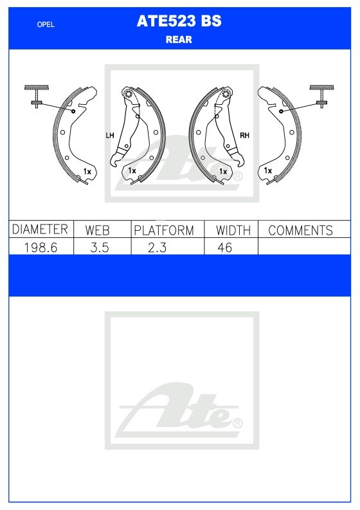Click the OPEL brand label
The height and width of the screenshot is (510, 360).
46,24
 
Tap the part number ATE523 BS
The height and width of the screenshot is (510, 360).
179,21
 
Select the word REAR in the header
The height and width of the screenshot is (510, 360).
179,40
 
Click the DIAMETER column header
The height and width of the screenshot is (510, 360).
40,229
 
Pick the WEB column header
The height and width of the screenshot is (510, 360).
97,230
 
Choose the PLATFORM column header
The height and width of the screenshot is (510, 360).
164,230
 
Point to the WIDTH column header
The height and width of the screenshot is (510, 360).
233,230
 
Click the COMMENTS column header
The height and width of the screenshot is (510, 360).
300,230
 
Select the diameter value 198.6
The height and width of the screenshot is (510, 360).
40,248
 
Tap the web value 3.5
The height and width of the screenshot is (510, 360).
100,248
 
